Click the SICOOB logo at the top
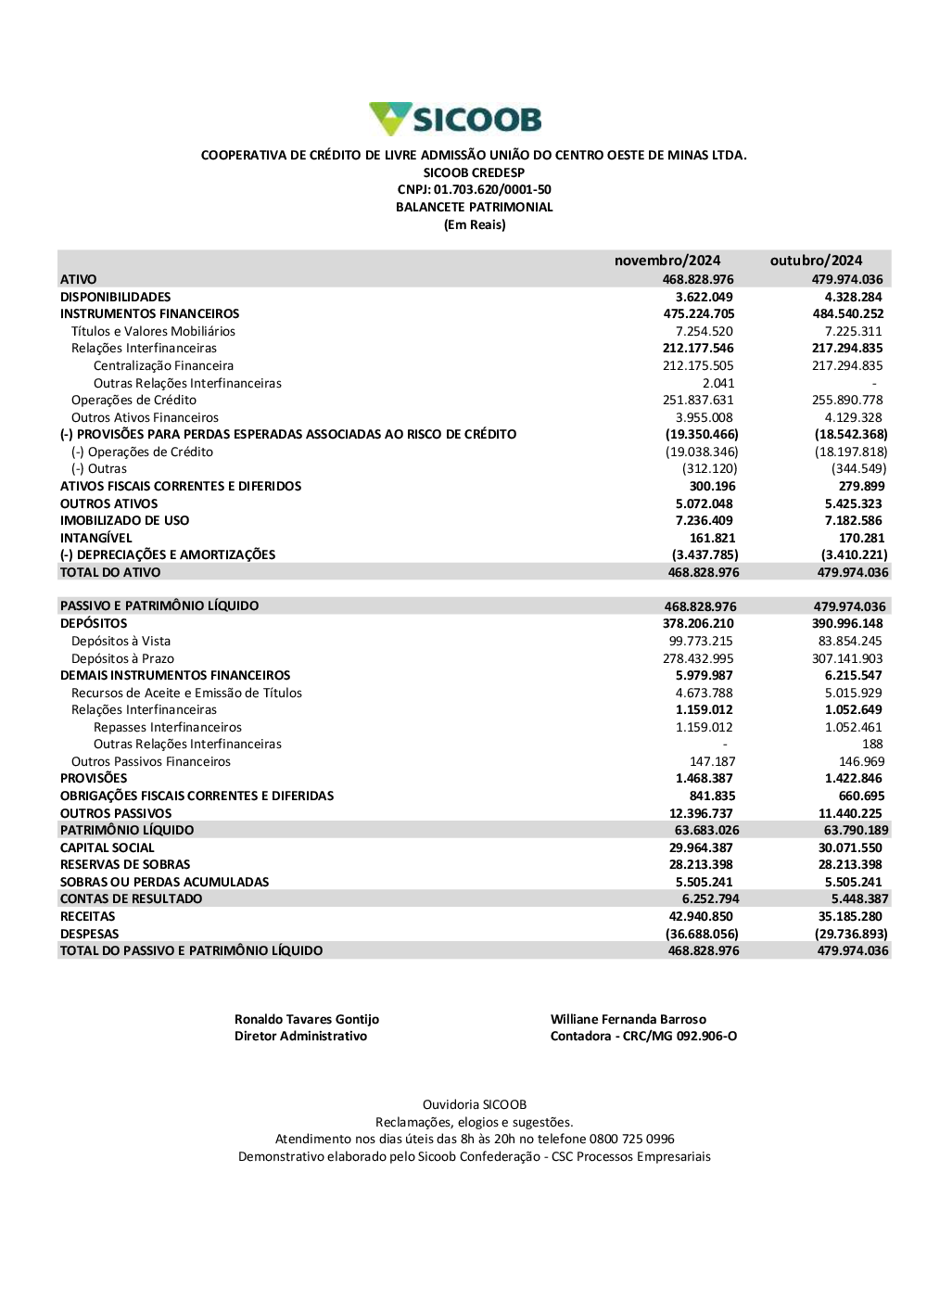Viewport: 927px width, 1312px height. pos(455,120)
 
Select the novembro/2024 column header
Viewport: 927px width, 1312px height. pos(667,261)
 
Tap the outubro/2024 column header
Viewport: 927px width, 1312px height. pos(816,261)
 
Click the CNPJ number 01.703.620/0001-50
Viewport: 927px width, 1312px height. pos(492,190)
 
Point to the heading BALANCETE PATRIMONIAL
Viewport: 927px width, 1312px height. pos(474,208)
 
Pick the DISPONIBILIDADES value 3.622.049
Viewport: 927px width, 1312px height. pos(704,297)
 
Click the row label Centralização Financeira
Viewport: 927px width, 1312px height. pos(163,366)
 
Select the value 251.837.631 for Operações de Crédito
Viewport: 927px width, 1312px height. pos(698,401)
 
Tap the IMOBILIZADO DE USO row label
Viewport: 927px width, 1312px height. pos(124,521)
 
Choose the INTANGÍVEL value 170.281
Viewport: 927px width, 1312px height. pos(861,538)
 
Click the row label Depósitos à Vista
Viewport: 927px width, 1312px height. pos(121,642)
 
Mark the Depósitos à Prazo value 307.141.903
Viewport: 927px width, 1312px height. pos(847,659)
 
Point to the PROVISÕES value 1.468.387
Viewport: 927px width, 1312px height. pos(704,779)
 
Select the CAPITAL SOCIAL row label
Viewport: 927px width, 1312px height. pos(107,848)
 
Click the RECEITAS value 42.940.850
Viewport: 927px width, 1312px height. pos(701,917)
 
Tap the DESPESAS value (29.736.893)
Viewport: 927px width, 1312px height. pos(850,935)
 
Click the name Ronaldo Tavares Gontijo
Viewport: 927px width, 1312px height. pos(306,1020)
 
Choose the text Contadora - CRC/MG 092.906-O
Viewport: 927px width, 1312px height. pos(643,1037)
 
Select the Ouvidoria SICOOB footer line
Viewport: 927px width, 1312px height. pos(474,1105)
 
